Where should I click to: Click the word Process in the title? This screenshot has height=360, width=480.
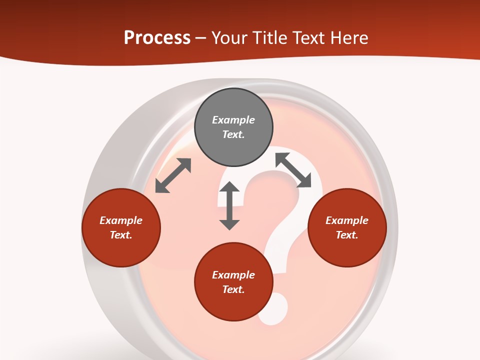157,38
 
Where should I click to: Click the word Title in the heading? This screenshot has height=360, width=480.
269,38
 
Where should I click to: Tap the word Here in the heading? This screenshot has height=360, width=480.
348,38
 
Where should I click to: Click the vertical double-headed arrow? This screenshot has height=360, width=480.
229,205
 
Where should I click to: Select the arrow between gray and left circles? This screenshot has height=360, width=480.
173,175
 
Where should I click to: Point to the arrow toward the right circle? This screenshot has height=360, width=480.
293,170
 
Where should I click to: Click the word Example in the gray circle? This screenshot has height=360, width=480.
233,120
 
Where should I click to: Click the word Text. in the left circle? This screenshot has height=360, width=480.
121,235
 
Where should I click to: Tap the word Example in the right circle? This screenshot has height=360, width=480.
347,220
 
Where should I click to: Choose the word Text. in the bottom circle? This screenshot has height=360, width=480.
233,289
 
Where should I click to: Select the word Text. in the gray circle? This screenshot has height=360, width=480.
233,134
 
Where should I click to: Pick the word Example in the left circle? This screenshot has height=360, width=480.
121,220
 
